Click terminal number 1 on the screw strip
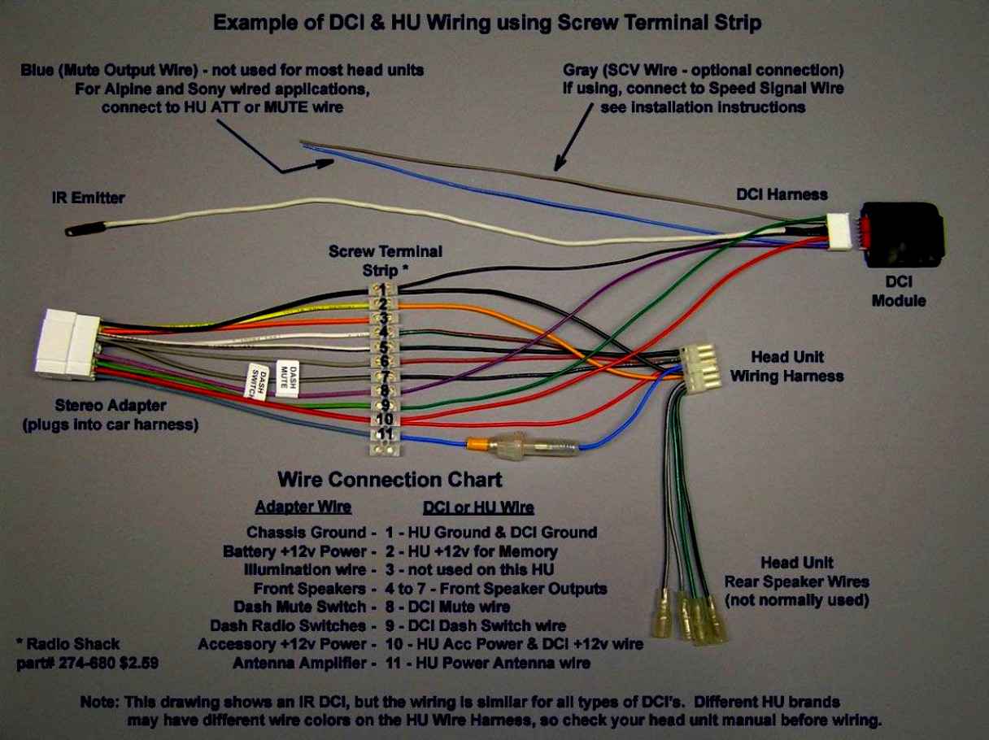(x=382, y=289)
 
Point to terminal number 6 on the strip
(x=383, y=361)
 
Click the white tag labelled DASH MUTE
(x=285, y=378)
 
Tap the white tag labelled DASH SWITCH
(x=255, y=381)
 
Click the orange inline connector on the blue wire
(x=479, y=444)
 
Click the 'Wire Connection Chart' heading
(x=390, y=479)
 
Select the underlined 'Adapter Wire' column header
(x=303, y=507)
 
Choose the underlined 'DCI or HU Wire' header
(x=478, y=508)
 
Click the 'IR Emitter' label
(x=89, y=198)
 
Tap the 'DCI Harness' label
(x=782, y=194)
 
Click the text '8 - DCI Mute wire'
(x=447, y=607)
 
